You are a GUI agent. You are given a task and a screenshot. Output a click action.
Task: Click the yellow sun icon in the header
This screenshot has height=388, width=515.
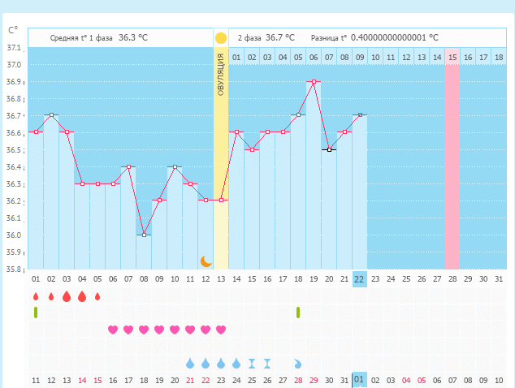(221, 37)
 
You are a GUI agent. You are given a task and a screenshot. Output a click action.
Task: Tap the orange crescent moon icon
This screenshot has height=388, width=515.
(206, 261)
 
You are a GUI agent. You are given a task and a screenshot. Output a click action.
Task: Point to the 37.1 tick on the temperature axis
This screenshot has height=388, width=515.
(14, 48)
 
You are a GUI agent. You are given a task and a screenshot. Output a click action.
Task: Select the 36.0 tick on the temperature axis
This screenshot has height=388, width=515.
(14, 235)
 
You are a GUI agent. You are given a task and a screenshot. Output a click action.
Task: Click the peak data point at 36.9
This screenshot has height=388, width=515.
(314, 81)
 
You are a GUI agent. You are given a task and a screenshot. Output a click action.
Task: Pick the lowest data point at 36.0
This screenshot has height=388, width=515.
(144, 235)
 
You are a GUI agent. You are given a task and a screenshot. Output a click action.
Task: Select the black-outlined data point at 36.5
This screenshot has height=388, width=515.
(329, 149)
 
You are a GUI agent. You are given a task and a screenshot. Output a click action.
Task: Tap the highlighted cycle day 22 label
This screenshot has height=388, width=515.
(360, 278)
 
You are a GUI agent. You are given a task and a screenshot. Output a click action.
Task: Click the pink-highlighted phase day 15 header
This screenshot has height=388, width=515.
(452, 57)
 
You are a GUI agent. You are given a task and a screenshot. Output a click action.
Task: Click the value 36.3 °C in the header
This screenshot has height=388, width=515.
(133, 37)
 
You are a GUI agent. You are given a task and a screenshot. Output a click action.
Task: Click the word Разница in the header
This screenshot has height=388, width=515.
(324, 37)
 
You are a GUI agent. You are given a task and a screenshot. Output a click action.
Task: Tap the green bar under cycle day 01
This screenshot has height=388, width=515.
(36, 313)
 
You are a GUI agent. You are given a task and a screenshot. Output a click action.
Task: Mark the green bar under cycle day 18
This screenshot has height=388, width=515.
(298, 313)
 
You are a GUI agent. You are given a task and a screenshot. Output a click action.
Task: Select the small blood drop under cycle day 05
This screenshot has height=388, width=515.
(97, 296)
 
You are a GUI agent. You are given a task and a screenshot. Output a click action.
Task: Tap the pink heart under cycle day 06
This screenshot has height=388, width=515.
(113, 330)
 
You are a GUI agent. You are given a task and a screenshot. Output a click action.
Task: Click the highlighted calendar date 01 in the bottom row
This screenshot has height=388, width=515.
(360, 380)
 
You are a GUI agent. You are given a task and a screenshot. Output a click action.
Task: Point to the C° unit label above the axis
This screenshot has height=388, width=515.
(13, 30)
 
